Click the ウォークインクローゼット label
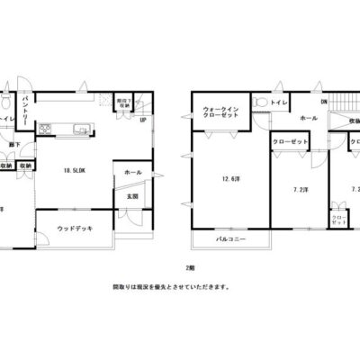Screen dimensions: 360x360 pos(221,111)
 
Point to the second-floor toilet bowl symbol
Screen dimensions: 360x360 pos(259,103)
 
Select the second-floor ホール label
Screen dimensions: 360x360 pos(307,119)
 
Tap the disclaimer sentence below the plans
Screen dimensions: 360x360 pos(171,288)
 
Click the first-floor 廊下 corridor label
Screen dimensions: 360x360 pos(15,145)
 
